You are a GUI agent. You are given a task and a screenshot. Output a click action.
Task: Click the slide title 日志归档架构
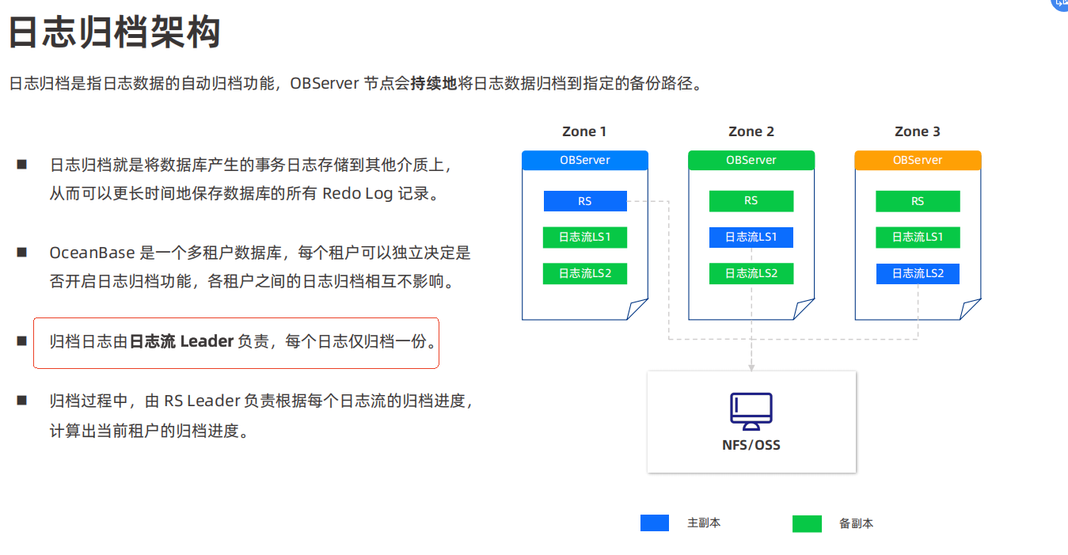[114, 33]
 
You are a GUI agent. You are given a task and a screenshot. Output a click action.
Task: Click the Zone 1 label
[584, 131]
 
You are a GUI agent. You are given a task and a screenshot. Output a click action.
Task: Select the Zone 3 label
[918, 131]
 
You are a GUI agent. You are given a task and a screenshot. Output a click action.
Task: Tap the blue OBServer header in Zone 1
[585, 160]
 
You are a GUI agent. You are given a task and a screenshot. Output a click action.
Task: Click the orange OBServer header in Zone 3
[918, 160]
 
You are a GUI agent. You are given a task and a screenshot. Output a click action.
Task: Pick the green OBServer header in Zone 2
[751, 160]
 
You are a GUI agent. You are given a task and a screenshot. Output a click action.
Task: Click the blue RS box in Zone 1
[585, 201]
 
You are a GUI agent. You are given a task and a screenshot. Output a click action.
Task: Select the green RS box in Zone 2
[751, 201]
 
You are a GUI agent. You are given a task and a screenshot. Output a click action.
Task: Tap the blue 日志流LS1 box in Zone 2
[751, 237]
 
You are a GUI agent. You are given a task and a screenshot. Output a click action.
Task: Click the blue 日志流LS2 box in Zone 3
[918, 274]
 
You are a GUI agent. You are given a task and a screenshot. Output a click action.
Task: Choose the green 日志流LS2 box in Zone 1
[585, 274]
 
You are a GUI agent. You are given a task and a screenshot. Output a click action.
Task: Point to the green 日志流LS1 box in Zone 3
[918, 237]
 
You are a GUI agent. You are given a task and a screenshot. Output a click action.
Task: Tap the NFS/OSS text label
[751, 445]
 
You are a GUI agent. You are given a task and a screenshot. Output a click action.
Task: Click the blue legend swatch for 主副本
[655, 523]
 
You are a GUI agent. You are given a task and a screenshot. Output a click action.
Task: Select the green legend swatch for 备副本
[807, 524]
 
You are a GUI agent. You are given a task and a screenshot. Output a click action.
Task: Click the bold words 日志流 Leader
[181, 342]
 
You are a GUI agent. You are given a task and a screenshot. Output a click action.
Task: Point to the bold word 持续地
[434, 83]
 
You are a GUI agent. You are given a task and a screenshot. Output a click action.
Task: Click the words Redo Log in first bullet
[357, 194]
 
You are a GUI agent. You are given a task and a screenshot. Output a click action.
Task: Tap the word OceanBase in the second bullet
[91, 253]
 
